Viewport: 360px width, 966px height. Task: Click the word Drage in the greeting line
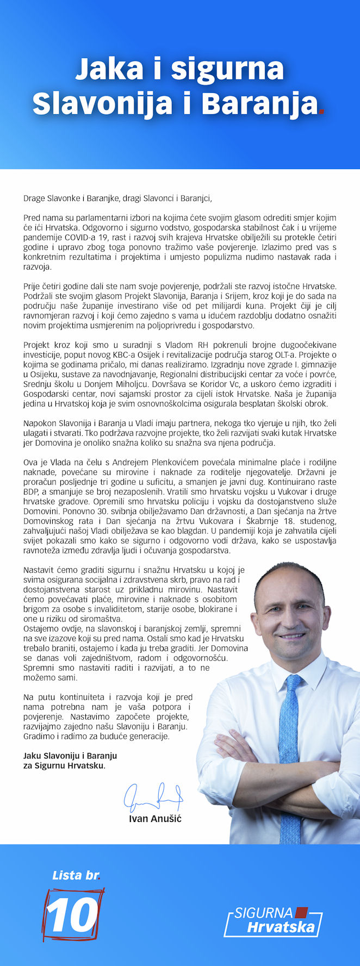tap(34, 198)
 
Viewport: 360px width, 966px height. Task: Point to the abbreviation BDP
tap(32, 491)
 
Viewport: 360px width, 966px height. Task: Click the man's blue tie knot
tap(294, 681)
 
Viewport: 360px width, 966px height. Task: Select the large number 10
tap(72, 916)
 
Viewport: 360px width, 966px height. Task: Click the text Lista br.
tap(76, 876)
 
